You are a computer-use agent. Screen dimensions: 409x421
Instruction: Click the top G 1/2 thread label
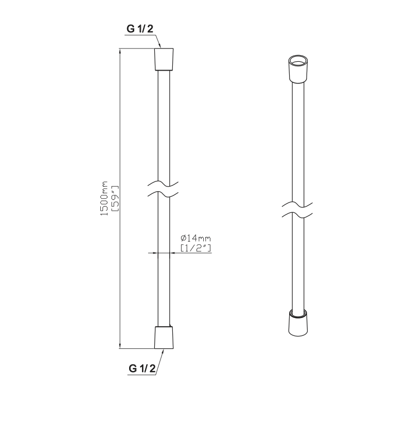coord(140,28)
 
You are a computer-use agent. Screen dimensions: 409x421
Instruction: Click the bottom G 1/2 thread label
coord(142,368)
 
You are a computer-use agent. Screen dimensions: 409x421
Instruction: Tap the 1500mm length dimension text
coord(104,198)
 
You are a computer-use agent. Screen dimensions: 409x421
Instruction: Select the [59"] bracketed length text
coord(115,199)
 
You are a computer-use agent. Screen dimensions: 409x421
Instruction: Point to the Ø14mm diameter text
coord(195,238)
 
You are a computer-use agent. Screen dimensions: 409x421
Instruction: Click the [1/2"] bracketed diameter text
coord(195,247)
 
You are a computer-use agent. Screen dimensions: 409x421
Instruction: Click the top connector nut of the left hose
coord(164,59)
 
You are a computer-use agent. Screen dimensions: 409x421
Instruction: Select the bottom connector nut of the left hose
coord(164,338)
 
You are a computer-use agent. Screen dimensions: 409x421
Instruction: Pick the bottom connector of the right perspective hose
coord(298,322)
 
